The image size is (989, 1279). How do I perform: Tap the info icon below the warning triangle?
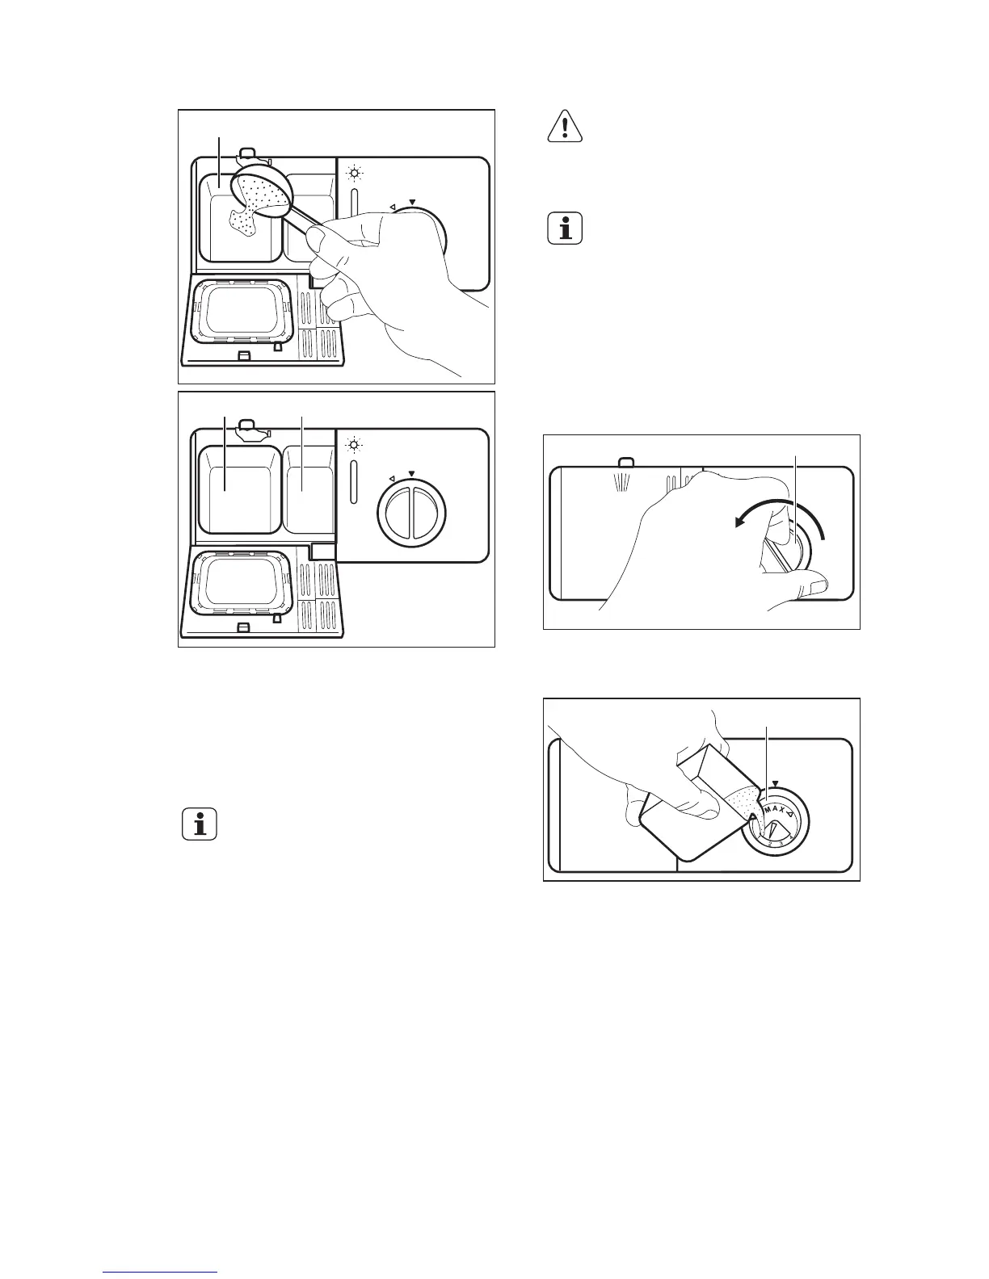click(566, 229)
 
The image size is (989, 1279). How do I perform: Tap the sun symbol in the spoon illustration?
click(353, 174)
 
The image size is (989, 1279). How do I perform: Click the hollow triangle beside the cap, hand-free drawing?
click(392, 477)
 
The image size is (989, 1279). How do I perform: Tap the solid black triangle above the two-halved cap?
click(412, 474)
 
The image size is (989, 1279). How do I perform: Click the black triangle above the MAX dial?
click(775, 783)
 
